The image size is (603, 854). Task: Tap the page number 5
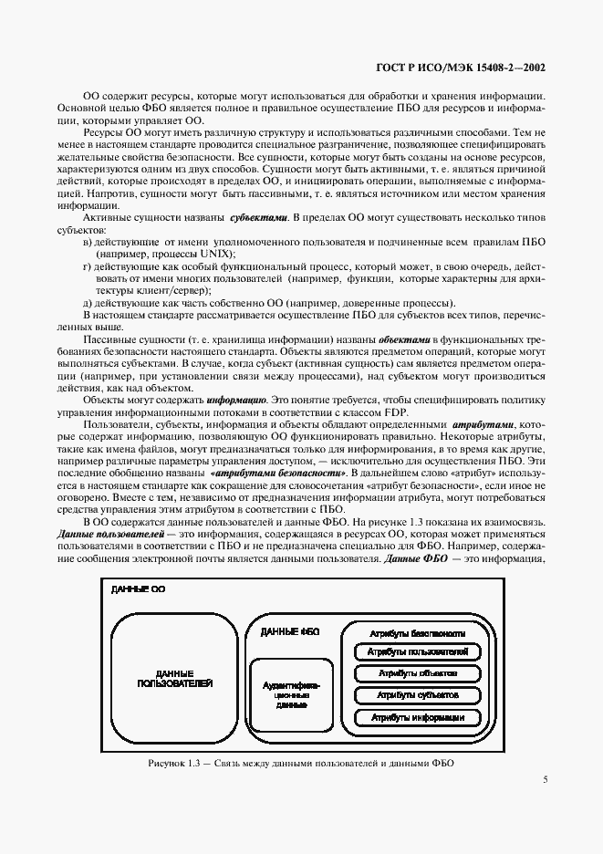(545, 779)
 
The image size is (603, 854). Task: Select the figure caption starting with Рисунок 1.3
(301, 763)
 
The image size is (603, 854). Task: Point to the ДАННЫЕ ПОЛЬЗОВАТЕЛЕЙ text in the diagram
(175, 677)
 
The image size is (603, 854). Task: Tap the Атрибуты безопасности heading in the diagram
(418, 632)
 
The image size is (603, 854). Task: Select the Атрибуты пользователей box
(418, 652)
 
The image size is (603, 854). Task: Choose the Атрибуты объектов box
(418, 673)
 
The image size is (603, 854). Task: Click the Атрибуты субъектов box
(418, 695)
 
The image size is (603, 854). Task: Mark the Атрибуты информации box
(418, 717)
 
